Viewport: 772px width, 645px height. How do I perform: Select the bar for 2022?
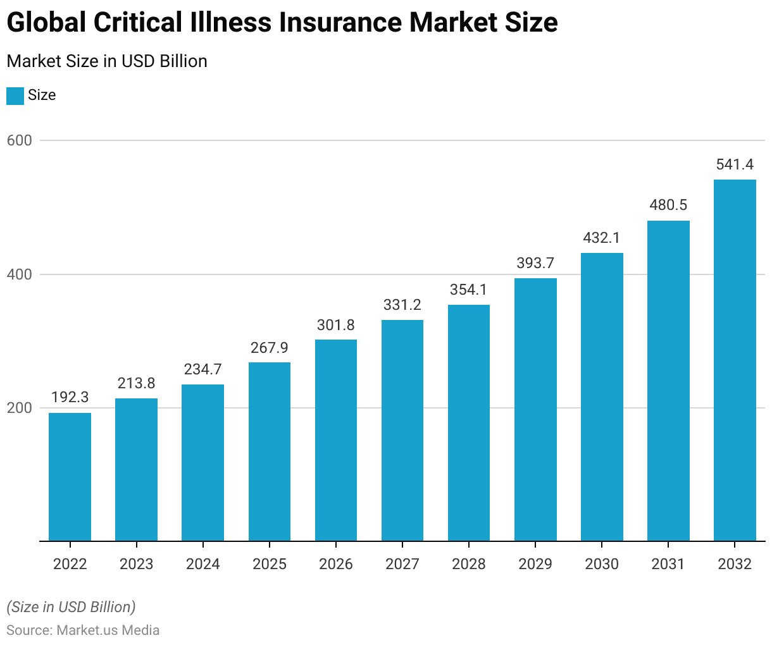70,477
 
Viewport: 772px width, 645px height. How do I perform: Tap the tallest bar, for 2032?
735,360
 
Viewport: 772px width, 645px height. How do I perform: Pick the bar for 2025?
270,451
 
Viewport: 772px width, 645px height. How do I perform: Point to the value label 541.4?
735,164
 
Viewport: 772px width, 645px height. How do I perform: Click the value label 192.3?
70,398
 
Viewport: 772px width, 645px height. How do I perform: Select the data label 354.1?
469,290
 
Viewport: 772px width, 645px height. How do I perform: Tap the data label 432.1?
602,238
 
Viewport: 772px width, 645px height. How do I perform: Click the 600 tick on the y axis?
20,140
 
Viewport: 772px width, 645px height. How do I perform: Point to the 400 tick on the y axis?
20,274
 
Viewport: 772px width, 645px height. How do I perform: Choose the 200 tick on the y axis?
20,408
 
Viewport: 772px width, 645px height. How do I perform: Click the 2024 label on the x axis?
203,564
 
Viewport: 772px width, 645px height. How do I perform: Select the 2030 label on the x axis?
602,564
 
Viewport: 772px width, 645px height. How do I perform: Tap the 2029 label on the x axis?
535,564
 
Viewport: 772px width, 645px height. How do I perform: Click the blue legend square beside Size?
15,95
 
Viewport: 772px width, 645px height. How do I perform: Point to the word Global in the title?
47,23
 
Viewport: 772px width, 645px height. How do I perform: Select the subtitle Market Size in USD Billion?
107,61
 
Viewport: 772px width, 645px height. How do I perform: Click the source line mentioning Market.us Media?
83,630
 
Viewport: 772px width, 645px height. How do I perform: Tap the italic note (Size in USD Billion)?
71,607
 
